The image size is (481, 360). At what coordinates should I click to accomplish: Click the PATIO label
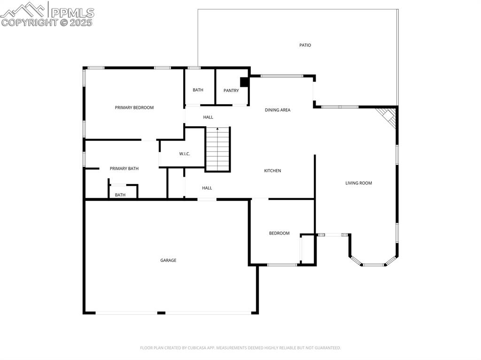pos(305,46)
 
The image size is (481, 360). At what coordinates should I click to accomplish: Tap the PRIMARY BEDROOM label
pos(134,107)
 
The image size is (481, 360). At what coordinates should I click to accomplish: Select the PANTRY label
pos(231,91)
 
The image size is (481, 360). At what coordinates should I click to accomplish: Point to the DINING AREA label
pos(278,110)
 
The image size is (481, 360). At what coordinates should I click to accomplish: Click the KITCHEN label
pos(272,171)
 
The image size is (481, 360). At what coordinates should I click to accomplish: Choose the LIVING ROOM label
pos(358,183)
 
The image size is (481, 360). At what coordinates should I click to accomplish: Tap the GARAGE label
pos(168,260)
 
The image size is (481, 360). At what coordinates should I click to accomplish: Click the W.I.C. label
pos(185,154)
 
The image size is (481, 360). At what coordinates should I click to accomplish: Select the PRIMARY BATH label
pos(124,169)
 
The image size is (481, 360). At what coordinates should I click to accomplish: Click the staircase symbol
pos(218,149)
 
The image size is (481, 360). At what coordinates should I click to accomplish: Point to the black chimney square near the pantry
pos(244,82)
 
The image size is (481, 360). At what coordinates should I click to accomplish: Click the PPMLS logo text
pos(72,13)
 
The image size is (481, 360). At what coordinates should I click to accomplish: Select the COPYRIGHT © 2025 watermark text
pos(47,22)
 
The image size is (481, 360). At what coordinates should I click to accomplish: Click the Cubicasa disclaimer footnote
pos(240,348)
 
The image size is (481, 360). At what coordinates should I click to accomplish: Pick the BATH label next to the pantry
pos(198,90)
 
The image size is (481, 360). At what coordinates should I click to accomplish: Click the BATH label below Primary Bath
pos(120,195)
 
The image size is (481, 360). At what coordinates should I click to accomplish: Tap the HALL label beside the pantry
pos(208,117)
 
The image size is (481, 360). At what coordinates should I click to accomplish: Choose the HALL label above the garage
pos(207,188)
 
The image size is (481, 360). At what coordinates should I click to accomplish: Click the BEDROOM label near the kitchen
pos(279,233)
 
